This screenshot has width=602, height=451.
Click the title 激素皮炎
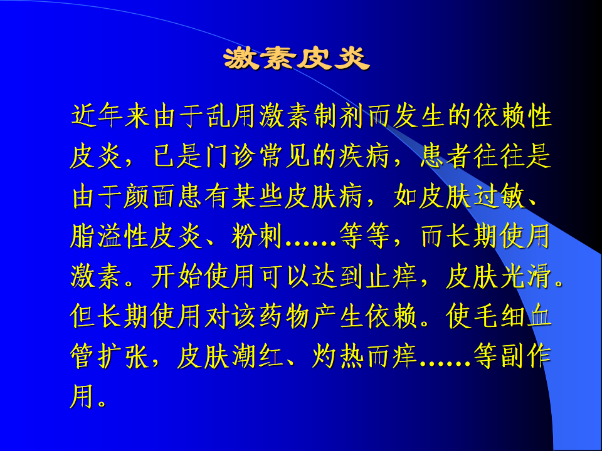click(x=297, y=59)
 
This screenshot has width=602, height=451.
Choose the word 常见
click(x=285, y=156)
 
